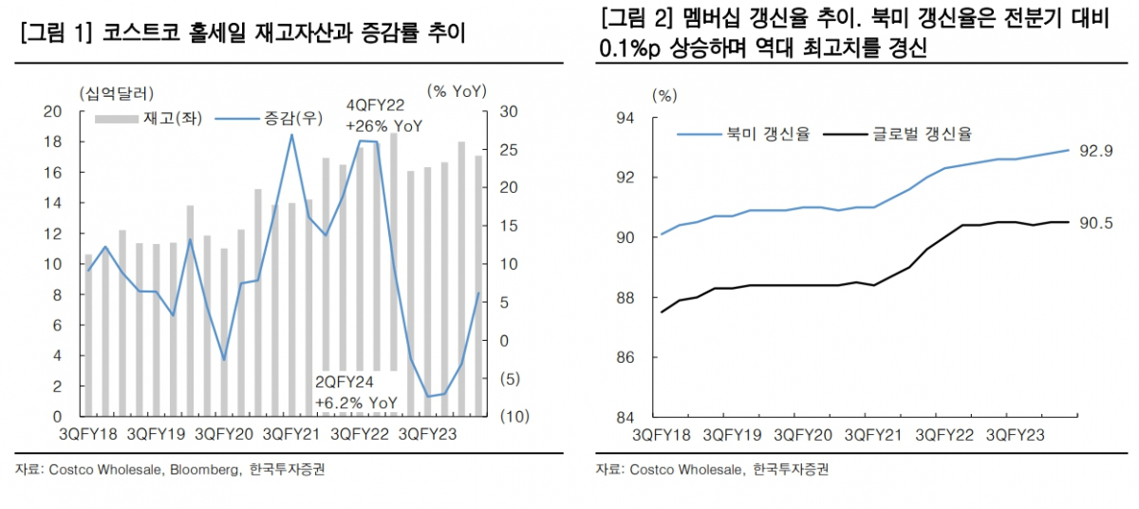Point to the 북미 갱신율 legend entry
tap(742, 134)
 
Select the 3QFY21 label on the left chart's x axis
tap(289, 435)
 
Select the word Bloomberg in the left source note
tap(204, 470)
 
